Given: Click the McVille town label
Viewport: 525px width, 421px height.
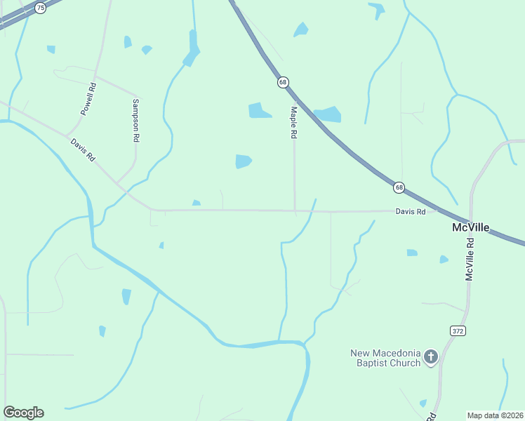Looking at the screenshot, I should pyautogui.click(x=470, y=228).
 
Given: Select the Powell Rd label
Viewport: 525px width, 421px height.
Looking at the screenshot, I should pyautogui.click(x=88, y=99).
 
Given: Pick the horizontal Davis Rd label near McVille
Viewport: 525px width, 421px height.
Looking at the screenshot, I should pyautogui.click(x=411, y=211).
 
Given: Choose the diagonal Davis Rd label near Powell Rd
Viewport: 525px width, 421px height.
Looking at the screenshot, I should pyautogui.click(x=82, y=150).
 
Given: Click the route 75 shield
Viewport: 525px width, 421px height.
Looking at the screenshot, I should pyautogui.click(x=41, y=8).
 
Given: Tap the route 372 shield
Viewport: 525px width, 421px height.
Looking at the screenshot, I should pyautogui.click(x=458, y=330).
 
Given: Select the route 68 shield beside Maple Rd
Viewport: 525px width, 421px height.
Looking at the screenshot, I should pyautogui.click(x=283, y=82).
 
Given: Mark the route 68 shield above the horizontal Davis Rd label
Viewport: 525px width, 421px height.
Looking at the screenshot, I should pyautogui.click(x=399, y=187).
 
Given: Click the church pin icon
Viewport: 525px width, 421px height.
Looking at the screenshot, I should pyautogui.click(x=431, y=358).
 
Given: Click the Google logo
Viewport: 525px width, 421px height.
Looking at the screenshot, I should pyautogui.click(x=23, y=413).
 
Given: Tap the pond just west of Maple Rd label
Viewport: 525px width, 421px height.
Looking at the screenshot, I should pyautogui.click(x=259, y=110).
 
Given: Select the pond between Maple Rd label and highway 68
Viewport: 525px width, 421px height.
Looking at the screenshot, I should pyautogui.click(x=328, y=114).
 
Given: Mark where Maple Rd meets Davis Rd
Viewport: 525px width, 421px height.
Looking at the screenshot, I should pyautogui.click(x=295, y=210).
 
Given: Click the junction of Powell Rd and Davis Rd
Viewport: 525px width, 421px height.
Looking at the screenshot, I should pyautogui.click(x=67, y=135).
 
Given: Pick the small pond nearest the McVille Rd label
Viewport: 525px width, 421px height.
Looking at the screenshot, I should pyautogui.click(x=444, y=260).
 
